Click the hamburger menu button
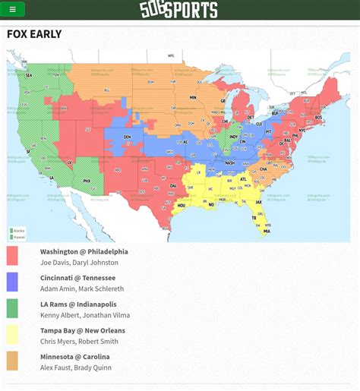pyautogui.click(x=13, y=10)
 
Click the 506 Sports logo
pyautogui.click(x=178, y=10)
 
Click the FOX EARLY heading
pyautogui.click(x=34, y=34)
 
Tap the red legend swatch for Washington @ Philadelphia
pyautogui.click(x=12, y=256)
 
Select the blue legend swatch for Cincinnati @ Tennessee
pyautogui.click(x=12, y=282)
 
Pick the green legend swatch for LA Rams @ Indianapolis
pyautogui.click(x=12, y=308)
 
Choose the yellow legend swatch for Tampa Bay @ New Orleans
pyautogui.click(x=12, y=335)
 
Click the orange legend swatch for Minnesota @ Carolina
pyautogui.click(x=12, y=361)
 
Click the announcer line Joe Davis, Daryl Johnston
pyautogui.click(x=79, y=263)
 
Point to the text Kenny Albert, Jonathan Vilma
pyautogui.click(x=84, y=315)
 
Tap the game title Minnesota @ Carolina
pyautogui.click(x=74, y=357)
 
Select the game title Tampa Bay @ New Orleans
pyautogui.click(x=82, y=330)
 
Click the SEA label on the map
pyautogui.click(x=29, y=76)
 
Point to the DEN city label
pyautogui.click(x=127, y=137)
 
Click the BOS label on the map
pyautogui.click(x=318, y=118)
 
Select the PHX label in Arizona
pyautogui.click(x=87, y=181)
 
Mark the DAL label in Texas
pyautogui.click(x=173, y=186)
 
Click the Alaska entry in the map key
pyautogui.click(x=18, y=230)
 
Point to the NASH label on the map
pyautogui.click(x=229, y=162)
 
